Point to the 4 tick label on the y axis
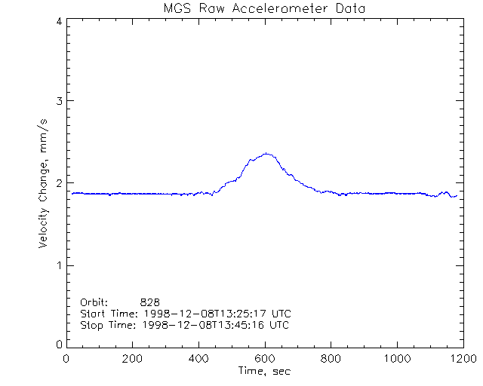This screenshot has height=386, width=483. pyautogui.click(x=58, y=21)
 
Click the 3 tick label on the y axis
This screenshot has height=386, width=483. pyautogui.click(x=58, y=101)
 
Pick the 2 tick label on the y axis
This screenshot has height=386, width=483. pyautogui.click(x=58, y=183)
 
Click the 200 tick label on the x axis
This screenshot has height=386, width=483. pyautogui.click(x=133, y=359)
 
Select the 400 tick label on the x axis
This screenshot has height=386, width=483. pyautogui.click(x=199, y=359)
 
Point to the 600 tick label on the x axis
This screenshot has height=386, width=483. pyautogui.click(x=265, y=359)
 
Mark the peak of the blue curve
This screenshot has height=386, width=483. pyautogui.click(x=266, y=153)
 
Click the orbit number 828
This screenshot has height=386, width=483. pyautogui.click(x=149, y=302)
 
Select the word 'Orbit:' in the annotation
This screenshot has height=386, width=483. pyautogui.click(x=94, y=302)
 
